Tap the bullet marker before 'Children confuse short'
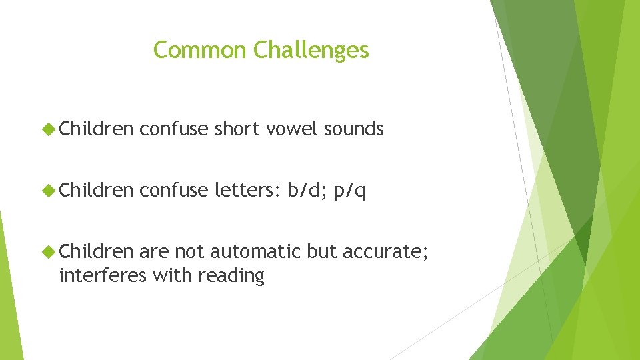[x=49, y=129]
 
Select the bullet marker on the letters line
[x=49, y=191]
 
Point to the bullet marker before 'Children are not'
[x=49, y=253]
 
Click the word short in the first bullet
[x=237, y=129]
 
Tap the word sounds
[x=353, y=129]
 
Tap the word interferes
[x=102, y=275]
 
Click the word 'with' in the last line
[x=170, y=275]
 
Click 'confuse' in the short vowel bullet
[x=174, y=129]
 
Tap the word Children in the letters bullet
[x=97, y=191]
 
